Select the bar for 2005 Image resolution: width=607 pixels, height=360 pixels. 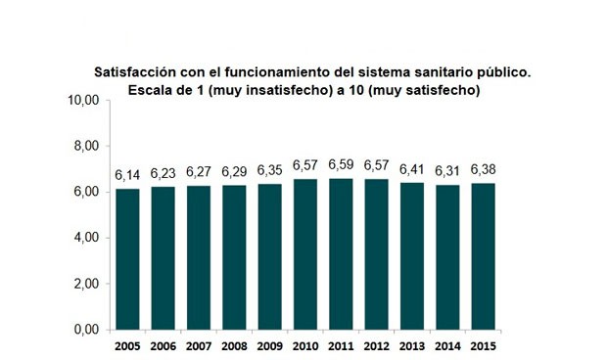[x=127, y=259]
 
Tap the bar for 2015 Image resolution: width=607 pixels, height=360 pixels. [x=483, y=256]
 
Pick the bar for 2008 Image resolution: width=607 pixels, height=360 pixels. [x=234, y=257]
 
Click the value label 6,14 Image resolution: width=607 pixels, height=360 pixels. [x=127, y=176]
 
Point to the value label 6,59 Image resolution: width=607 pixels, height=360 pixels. [x=341, y=165]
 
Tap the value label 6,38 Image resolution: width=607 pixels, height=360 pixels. [x=483, y=170]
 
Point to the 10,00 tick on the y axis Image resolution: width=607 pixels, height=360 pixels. [x=83, y=100]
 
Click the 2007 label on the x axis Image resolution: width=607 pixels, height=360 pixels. [x=199, y=346]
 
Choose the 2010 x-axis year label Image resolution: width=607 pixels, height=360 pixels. [x=305, y=346]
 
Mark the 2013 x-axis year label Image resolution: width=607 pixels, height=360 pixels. [x=412, y=346]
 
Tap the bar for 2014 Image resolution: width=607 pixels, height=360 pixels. [x=447, y=257]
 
